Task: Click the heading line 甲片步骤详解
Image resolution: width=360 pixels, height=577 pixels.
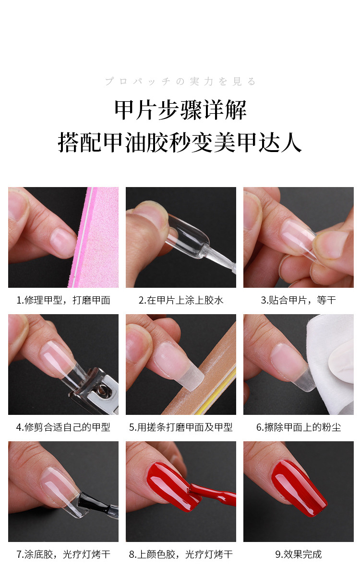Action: [x=180, y=110]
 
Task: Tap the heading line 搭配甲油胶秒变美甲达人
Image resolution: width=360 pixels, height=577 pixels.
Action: [x=180, y=142]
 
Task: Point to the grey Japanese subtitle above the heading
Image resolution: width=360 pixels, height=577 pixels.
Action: [x=180, y=82]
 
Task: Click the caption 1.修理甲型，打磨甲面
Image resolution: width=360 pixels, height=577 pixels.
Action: [x=63, y=300]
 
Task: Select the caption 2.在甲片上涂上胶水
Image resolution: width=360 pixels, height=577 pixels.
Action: [x=181, y=300]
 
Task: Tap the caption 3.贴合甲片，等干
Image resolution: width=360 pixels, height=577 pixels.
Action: [x=298, y=300]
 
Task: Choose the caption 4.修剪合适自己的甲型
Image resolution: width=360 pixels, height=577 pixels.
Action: [x=63, y=427]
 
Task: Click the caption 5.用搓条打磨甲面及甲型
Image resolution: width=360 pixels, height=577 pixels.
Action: [x=181, y=427]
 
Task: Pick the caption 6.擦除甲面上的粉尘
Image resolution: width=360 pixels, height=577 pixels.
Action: [x=298, y=427]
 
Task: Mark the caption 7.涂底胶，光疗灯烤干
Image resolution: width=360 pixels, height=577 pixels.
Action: [x=63, y=554]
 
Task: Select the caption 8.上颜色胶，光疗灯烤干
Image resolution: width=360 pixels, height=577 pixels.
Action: [x=181, y=554]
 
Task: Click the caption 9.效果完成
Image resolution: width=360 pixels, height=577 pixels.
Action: [x=298, y=554]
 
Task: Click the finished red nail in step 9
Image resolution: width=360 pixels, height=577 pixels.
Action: [x=298, y=487]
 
